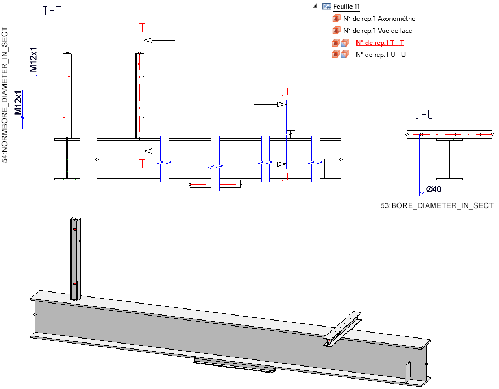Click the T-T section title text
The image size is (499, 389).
point(52,10)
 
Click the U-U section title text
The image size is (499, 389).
point(424,115)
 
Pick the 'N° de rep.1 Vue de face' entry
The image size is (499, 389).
point(377,31)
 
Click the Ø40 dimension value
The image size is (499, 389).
point(434,190)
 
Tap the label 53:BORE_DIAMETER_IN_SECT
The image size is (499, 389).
point(437,205)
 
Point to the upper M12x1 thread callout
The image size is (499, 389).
point(34,60)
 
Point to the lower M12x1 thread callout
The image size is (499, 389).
point(19,103)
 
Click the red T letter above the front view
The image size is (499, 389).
point(143,27)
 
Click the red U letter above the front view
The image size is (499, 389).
point(285,91)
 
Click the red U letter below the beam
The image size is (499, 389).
point(285,176)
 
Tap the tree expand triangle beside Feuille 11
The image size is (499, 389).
point(315,7)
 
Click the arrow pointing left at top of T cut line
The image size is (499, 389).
point(162,40)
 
